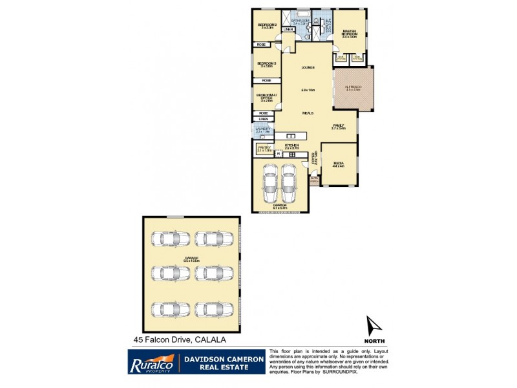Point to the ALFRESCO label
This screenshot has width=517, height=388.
[353, 88]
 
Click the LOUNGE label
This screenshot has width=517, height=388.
[307, 68]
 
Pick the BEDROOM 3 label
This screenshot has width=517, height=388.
[267, 64]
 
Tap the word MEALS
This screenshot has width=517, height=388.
[308, 113]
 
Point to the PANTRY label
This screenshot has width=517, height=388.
[264, 148]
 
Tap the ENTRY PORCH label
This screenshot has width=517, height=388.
[314, 180]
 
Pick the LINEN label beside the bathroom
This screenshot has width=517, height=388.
[288, 29]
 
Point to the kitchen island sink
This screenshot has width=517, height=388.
[291, 136]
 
